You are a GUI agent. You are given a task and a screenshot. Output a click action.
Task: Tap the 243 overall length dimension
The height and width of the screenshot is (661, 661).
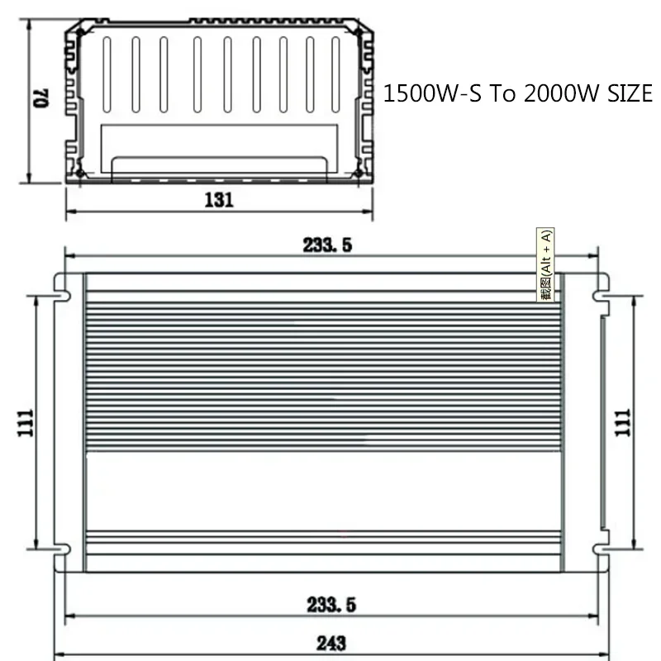[330, 643]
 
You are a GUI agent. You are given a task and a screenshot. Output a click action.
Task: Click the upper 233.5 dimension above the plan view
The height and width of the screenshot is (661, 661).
[327, 245]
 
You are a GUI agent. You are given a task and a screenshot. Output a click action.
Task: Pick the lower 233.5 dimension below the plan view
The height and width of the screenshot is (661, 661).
[329, 605]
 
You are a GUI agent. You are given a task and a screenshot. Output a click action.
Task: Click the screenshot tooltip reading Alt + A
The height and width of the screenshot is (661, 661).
[546, 264]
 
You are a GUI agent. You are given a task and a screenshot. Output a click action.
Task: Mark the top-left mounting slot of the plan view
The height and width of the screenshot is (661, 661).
[60, 292]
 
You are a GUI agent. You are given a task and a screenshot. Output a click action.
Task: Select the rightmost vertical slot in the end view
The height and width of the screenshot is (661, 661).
[335, 74]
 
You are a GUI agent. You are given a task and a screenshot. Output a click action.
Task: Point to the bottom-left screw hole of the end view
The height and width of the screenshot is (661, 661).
[80, 173]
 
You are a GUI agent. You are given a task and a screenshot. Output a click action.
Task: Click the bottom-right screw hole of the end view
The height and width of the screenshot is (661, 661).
[359, 173]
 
